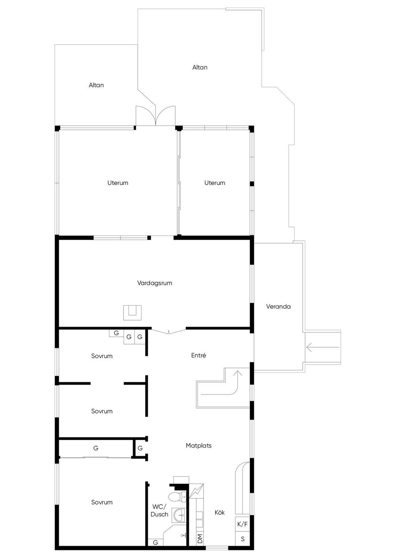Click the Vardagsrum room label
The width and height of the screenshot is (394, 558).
154,283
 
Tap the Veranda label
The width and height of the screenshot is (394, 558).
278,306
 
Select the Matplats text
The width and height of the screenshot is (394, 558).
199,445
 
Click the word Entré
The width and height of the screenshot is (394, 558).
199,355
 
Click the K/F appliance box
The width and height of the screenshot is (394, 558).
242,524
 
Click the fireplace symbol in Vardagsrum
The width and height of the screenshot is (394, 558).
132,313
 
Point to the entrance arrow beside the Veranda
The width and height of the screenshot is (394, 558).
323,347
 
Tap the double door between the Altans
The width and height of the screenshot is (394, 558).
155,116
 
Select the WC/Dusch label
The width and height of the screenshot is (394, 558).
159,511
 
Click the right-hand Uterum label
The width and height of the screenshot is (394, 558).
215,183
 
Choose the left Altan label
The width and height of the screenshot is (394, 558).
96,85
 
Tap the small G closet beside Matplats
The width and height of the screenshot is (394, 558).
140,448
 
